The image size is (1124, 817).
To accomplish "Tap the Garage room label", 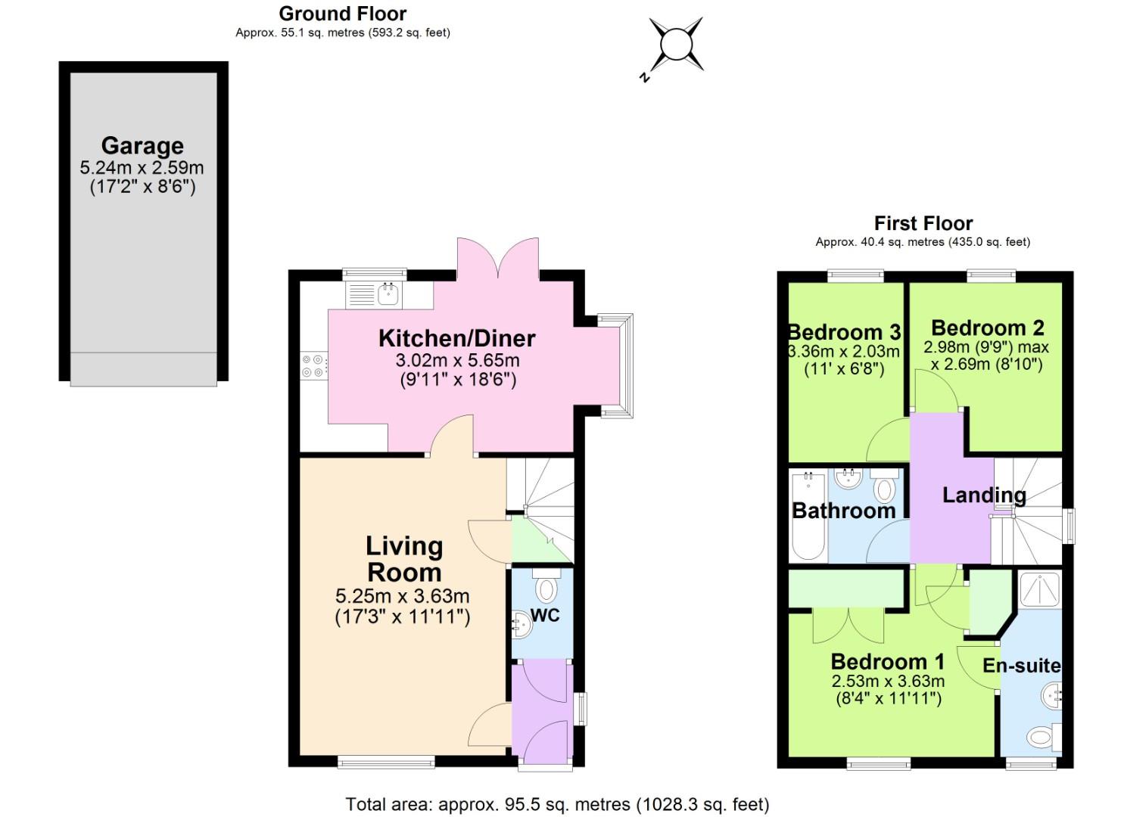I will [x=142, y=145].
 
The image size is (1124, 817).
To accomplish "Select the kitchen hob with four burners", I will [x=313, y=366].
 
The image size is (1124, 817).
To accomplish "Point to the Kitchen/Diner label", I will [x=456, y=338].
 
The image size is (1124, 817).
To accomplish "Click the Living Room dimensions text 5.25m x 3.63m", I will [x=402, y=596].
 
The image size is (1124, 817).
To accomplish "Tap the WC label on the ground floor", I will [x=545, y=615].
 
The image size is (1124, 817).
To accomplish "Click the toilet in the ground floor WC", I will [x=546, y=586].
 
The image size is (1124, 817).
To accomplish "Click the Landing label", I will [x=984, y=495].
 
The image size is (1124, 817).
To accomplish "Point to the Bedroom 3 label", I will [x=844, y=332].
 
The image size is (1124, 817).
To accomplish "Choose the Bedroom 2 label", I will [x=987, y=328].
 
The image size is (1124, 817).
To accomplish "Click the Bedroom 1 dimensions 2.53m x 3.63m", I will [x=888, y=681].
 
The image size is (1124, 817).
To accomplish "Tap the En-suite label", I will [x=1021, y=666].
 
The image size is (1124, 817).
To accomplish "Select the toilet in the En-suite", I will [x=1043, y=735].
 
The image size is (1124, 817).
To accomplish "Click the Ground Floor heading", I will [x=342, y=14].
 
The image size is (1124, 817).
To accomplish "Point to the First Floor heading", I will [x=923, y=223].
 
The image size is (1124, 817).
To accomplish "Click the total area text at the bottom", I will [x=557, y=804].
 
